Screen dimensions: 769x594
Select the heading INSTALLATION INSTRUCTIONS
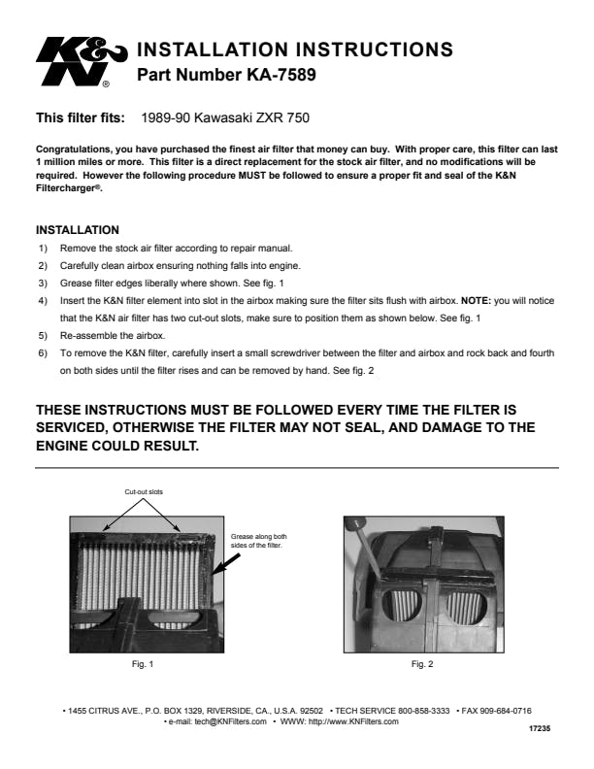coord(295,49)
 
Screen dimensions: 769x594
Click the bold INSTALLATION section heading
coord(77,230)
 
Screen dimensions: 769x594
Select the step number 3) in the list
coord(42,283)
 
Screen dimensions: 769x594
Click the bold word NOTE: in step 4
coord(475,301)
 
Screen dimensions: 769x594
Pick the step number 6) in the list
coord(42,353)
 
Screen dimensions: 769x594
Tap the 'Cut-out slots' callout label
coord(144,492)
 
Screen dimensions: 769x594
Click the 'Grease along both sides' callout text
coord(258,542)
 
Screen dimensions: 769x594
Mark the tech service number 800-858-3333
coord(419,711)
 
